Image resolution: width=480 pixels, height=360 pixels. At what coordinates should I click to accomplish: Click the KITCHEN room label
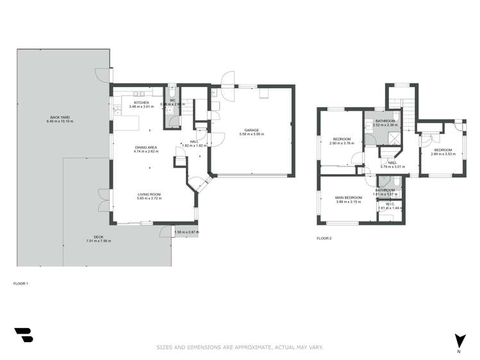pyautogui.click(x=141, y=102)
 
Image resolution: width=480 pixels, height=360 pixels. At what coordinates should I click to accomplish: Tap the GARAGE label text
pyautogui.click(x=251, y=130)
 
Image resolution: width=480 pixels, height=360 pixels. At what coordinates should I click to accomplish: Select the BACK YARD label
pyautogui.click(x=60, y=117)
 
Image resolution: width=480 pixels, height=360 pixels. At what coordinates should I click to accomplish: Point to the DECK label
pyautogui.click(x=99, y=237)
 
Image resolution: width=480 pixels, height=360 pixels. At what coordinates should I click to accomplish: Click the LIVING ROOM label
pyautogui.click(x=149, y=195)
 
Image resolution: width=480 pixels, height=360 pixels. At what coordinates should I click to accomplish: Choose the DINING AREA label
pyautogui.click(x=147, y=147)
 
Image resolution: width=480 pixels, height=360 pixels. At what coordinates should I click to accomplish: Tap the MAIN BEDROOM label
pyautogui.click(x=349, y=197)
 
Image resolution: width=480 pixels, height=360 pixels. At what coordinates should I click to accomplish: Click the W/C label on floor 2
pyautogui.click(x=390, y=204)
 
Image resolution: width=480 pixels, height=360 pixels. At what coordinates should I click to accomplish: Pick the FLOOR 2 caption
pyautogui.click(x=324, y=238)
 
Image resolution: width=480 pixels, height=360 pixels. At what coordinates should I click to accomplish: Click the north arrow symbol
pyautogui.click(x=459, y=340)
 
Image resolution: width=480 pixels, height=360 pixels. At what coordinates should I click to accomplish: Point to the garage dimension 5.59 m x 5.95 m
pyautogui.click(x=251, y=135)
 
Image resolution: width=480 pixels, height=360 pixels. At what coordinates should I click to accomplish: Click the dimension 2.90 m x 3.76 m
pyautogui.click(x=342, y=143)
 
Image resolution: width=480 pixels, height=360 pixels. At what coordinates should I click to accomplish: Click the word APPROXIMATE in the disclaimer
pyautogui.click(x=247, y=347)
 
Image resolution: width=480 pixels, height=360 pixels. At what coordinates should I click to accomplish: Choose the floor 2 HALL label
pyautogui.click(x=393, y=163)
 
